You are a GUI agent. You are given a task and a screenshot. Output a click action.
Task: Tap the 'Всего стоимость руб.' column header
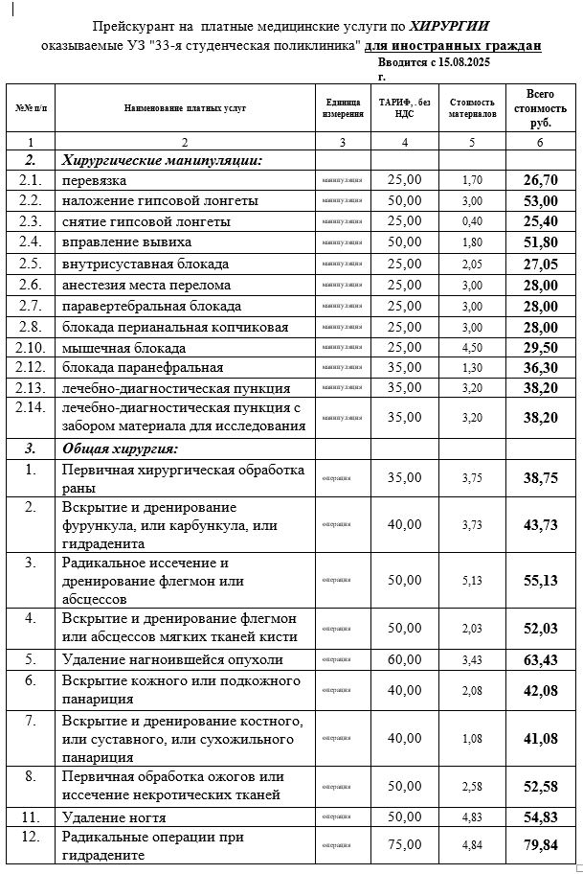coord(540,108)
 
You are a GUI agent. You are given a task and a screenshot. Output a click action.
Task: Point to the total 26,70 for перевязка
coord(540,180)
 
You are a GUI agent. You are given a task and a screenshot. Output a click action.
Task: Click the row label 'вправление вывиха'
coord(123,242)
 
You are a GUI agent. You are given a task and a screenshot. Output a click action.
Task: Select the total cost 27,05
coord(540,264)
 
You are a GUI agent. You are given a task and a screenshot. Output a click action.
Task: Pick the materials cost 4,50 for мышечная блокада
coord(472,348)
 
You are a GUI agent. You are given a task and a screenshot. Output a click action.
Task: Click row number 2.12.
coord(32,368)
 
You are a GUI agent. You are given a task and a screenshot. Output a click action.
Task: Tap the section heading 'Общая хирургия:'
coord(121,448)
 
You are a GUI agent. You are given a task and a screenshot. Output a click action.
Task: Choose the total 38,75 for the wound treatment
coord(540,478)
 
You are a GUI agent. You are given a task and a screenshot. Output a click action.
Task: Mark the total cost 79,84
coord(540,844)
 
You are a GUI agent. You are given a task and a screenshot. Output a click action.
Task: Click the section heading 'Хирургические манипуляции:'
coord(161,160)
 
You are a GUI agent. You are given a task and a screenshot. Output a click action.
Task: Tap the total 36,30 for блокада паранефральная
coord(540,368)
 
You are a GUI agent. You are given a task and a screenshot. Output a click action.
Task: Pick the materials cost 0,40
coord(472,221)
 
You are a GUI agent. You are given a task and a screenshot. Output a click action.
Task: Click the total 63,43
coord(540,659)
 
